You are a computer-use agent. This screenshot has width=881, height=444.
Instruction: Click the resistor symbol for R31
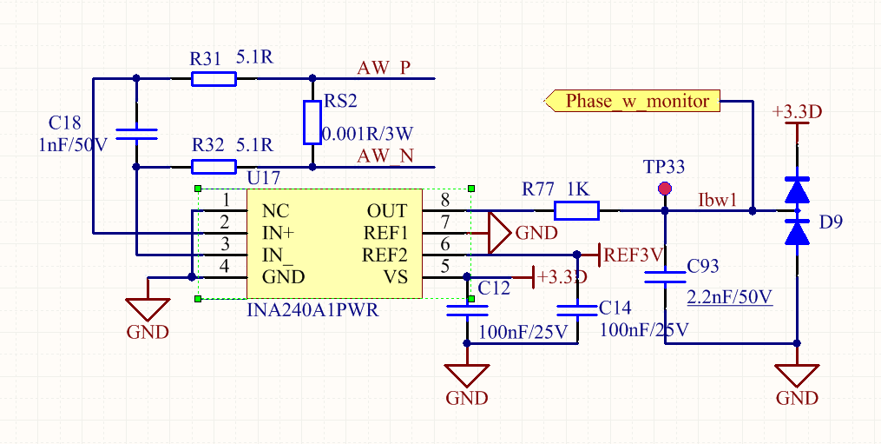(214, 80)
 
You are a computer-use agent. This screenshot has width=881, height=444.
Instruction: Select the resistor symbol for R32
(214, 167)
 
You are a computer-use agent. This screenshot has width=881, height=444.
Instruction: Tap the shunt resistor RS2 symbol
(312, 123)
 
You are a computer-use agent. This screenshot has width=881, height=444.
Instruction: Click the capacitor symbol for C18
(136, 133)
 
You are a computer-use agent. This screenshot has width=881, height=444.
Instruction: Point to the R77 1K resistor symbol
(576, 210)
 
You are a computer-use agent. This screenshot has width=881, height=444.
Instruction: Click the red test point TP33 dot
(665, 189)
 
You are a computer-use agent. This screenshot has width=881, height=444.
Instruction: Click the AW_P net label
(384, 68)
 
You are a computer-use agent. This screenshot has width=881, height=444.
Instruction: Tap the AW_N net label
(385, 156)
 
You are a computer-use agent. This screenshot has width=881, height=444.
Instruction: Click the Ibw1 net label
(717, 200)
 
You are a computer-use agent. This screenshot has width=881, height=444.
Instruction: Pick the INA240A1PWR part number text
(313, 310)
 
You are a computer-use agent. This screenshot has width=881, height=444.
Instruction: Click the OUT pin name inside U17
(387, 211)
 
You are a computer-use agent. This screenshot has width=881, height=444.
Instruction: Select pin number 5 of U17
(445, 267)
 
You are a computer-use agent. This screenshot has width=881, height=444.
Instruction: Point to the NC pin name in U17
(275, 211)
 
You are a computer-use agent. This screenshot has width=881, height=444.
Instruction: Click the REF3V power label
(634, 255)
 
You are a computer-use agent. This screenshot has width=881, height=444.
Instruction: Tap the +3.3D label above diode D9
(796, 112)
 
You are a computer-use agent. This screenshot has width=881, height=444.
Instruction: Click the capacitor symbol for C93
(665, 277)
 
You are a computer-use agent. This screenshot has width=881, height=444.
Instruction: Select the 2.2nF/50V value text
(729, 297)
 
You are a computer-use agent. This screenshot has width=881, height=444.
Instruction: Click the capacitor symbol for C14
(576, 309)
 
